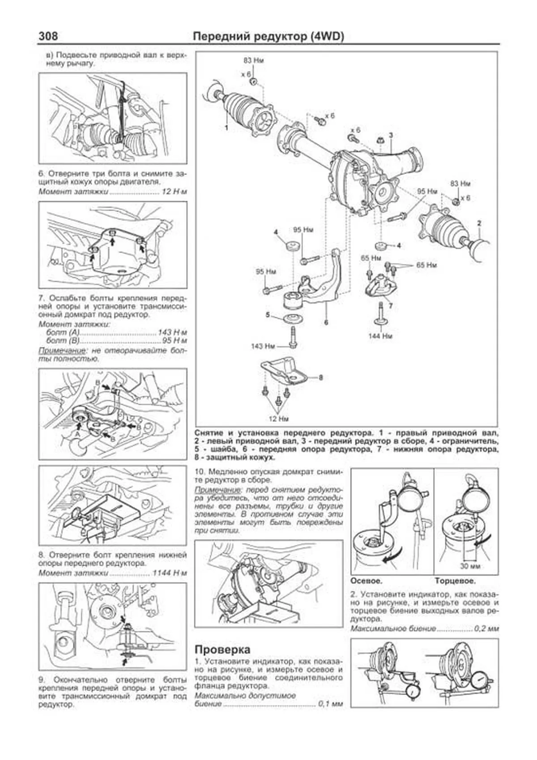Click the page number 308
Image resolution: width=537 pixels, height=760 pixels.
click(x=48, y=36)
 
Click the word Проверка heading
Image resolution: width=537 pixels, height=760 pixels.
click(x=222, y=649)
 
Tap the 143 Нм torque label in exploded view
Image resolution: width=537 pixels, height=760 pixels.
click(x=263, y=346)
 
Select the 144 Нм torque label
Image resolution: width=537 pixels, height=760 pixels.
click(x=380, y=335)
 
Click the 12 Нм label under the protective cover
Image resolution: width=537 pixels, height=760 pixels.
click(x=278, y=419)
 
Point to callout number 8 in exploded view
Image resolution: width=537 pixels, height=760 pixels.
click(x=321, y=378)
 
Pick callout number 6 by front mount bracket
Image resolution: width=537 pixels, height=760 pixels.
click(x=326, y=322)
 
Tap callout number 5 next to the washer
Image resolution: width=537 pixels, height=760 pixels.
click(x=268, y=315)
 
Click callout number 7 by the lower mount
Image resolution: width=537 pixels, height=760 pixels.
click(x=391, y=306)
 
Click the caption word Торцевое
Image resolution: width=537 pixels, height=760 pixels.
click(x=455, y=581)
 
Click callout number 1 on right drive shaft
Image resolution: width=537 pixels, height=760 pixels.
click(x=226, y=127)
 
